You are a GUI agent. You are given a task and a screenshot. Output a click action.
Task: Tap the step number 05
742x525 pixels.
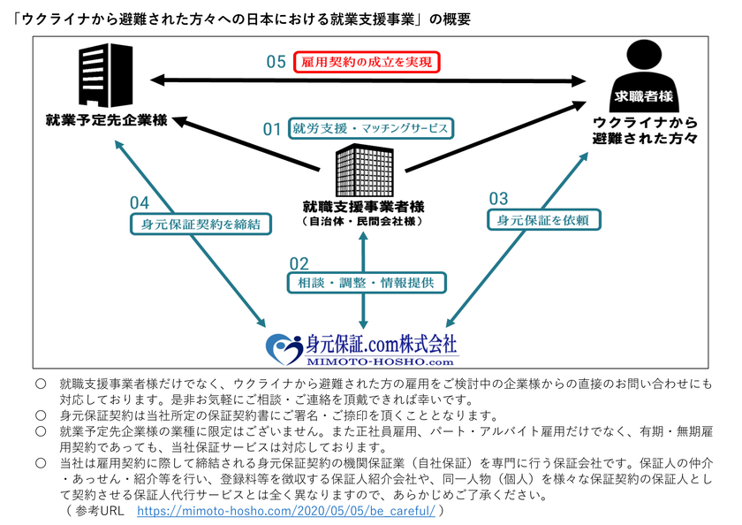(276, 62)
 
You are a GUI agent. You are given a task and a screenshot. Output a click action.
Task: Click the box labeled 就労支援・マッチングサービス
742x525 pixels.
(370, 128)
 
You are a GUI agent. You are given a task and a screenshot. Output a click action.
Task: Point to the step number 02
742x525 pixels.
(299, 263)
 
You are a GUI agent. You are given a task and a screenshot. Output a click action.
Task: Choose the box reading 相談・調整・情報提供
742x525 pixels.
(366, 283)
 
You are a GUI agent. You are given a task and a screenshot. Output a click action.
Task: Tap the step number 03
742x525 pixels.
(498, 199)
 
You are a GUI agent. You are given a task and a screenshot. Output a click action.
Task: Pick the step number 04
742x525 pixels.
(140, 202)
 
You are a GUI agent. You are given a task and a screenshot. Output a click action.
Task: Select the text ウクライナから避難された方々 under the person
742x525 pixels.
(646, 130)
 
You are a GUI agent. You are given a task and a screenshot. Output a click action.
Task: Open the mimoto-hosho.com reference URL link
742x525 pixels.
(287, 511)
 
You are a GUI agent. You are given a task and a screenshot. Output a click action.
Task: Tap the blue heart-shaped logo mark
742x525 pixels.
(284, 347)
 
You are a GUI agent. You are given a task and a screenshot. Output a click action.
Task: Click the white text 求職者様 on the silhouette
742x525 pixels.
(644, 94)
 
